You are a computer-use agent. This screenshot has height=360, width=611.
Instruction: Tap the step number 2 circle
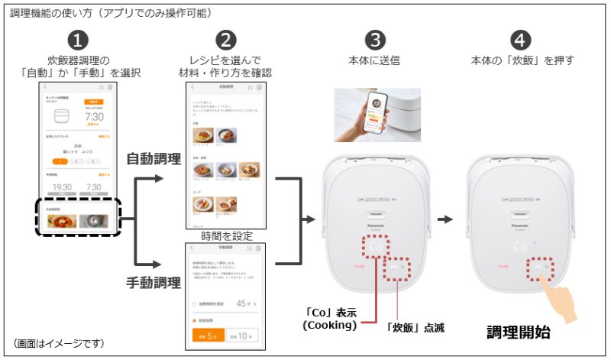[x=225, y=41]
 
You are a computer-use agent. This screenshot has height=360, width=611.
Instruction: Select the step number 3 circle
[x=374, y=41]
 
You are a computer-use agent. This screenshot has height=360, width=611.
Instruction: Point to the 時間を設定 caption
[x=225, y=236]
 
